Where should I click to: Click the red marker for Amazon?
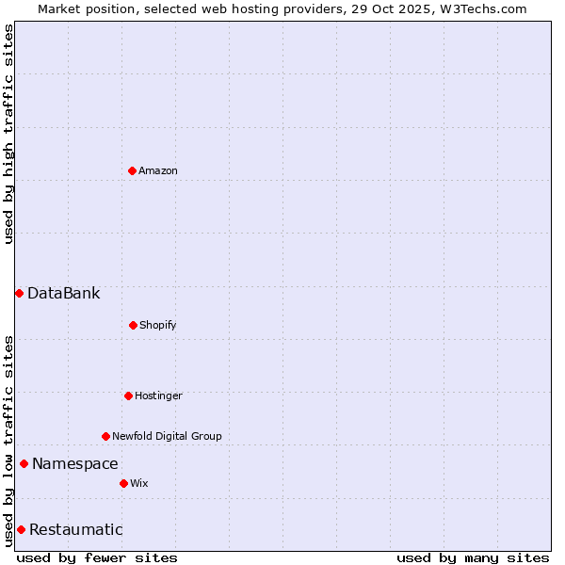132,170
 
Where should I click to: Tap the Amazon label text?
158,170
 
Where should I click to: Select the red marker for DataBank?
19,293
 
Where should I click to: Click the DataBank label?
63,293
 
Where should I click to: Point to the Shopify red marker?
133,325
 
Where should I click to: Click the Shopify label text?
158,325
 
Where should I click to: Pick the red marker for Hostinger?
128,395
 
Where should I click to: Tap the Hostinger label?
158,395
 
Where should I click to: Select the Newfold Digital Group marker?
105,436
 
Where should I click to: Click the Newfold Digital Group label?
167,436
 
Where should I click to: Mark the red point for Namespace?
24,463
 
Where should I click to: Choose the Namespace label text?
75,463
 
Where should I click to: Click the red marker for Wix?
123,483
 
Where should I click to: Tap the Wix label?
139,483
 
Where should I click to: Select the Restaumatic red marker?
21,529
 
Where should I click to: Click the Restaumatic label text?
75,529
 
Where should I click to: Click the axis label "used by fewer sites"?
97,557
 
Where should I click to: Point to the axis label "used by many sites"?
473,557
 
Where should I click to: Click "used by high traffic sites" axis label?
8,134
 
